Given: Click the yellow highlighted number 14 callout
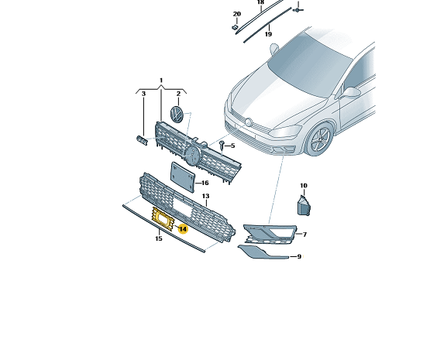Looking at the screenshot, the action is pyautogui.click(x=183, y=229).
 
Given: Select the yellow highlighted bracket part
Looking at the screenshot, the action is pyautogui.click(x=163, y=218).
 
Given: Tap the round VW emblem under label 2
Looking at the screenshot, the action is pyautogui.click(x=176, y=115).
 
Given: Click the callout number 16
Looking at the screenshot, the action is pyautogui.click(x=205, y=183).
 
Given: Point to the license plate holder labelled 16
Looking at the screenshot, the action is pyautogui.click(x=182, y=177).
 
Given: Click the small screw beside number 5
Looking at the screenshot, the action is pyautogui.click(x=222, y=145).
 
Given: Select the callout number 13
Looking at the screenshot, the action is pyautogui.click(x=205, y=196).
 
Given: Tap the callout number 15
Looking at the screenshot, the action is pyautogui.click(x=159, y=238).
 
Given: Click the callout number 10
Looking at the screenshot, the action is pyautogui.click(x=304, y=186).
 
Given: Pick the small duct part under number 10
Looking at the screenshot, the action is pyautogui.click(x=304, y=205).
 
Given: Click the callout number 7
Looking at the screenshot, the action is pyautogui.click(x=304, y=235).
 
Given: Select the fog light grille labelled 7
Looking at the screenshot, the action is pyautogui.click(x=270, y=234).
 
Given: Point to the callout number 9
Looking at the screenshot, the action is pyautogui.click(x=299, y=256).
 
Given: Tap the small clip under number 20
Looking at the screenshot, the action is pyautogui.click(x=235, y=27).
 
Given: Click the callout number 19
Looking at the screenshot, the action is pyautogui.click(x=268, y=34).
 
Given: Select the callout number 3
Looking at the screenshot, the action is pyautogui.click(x=143, y=94).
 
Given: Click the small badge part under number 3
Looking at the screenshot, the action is pyautogui.click(x=142, y=140).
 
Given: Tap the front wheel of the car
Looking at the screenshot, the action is pyautogui.click(x=320, y=139).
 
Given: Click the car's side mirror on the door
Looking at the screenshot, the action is pyautogui.click(x=351, y=92).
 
